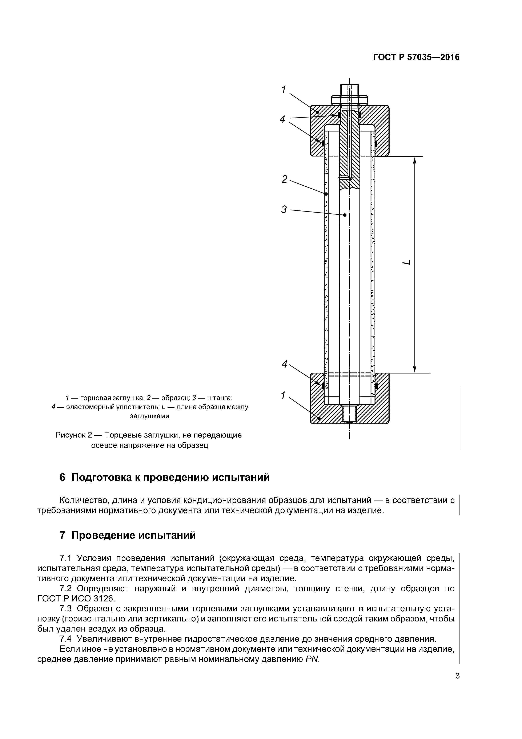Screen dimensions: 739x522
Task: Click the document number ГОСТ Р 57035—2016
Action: [416, 57]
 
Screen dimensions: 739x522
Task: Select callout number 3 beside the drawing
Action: [284, 210]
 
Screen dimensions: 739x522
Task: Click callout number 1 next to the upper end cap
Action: [283, 90]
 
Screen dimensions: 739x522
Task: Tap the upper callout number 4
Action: [282, 119]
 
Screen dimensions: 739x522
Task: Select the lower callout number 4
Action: [284, 364]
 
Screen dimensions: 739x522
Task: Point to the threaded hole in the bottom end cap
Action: [349, 414]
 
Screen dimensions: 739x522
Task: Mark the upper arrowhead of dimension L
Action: [415, 161]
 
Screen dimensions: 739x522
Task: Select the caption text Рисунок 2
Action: [74, 435]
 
